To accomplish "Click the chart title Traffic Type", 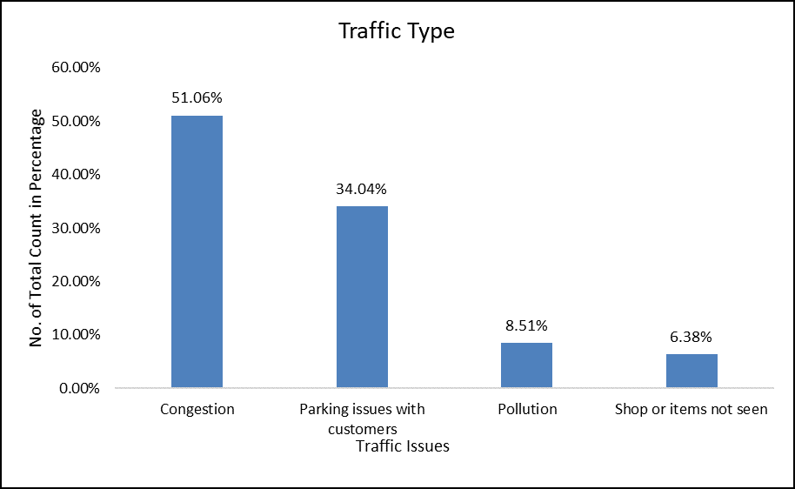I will (x=397, y=32).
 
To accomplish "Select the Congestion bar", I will (x=197, y=251).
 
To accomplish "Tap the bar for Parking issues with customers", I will (x=362, y=297).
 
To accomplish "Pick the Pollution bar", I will (x=526, y=365).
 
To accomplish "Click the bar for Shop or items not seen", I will (x=691, y=371).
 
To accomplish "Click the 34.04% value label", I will (x=362, y=189).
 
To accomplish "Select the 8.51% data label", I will (x=526, y=326).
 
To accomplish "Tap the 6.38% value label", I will (x=691, y=338).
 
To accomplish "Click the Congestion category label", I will (x=197, y=409).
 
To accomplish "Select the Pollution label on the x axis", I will (x=527, y=409).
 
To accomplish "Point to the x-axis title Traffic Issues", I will (x=403, y=446).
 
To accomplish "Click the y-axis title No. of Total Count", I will (x=37, y=228).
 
